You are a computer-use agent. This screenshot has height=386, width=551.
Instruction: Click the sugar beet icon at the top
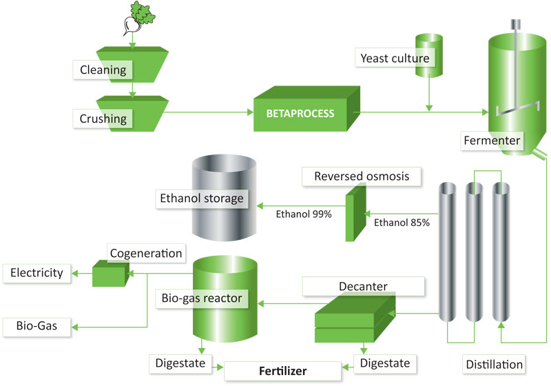[x=139, y=18]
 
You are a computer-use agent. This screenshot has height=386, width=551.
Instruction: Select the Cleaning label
[x=103, y=70]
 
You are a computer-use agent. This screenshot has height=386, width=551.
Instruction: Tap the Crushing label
[x=103, y=119]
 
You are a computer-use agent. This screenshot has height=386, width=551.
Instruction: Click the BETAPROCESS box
[x=306, y=109]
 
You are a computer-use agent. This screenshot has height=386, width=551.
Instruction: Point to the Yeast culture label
[x=395, y=58]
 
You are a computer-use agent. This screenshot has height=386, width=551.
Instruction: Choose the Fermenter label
[x=492, y=141]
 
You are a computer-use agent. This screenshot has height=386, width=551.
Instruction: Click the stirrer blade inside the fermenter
[x=518, y=108]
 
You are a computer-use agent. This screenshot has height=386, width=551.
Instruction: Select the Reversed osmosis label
[x=362, y=176]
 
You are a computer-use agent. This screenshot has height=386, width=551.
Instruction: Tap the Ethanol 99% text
[x=304, y=214]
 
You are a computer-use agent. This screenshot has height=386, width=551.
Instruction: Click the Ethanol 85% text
[x=402, y=223]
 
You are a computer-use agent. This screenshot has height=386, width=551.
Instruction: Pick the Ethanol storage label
[x=202, y=199]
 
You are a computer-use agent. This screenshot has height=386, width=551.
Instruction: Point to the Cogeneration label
[x=146, y=253]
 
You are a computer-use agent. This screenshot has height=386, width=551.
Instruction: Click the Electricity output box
[x=37, y=273]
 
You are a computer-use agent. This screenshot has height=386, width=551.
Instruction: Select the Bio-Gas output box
[x=37, y=327]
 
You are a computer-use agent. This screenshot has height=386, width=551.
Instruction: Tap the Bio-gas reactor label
[x=202, y=298]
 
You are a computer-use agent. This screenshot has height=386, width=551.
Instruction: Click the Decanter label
[x=364, y=286]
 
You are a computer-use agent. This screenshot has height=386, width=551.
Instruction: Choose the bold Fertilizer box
[x=282, y=371]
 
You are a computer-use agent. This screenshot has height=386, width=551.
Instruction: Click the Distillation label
[x=494, y=364]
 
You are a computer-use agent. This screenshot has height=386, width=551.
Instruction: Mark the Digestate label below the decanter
[x=385, y=363]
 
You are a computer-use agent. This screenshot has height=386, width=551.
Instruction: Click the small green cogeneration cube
[x=110, y=274]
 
